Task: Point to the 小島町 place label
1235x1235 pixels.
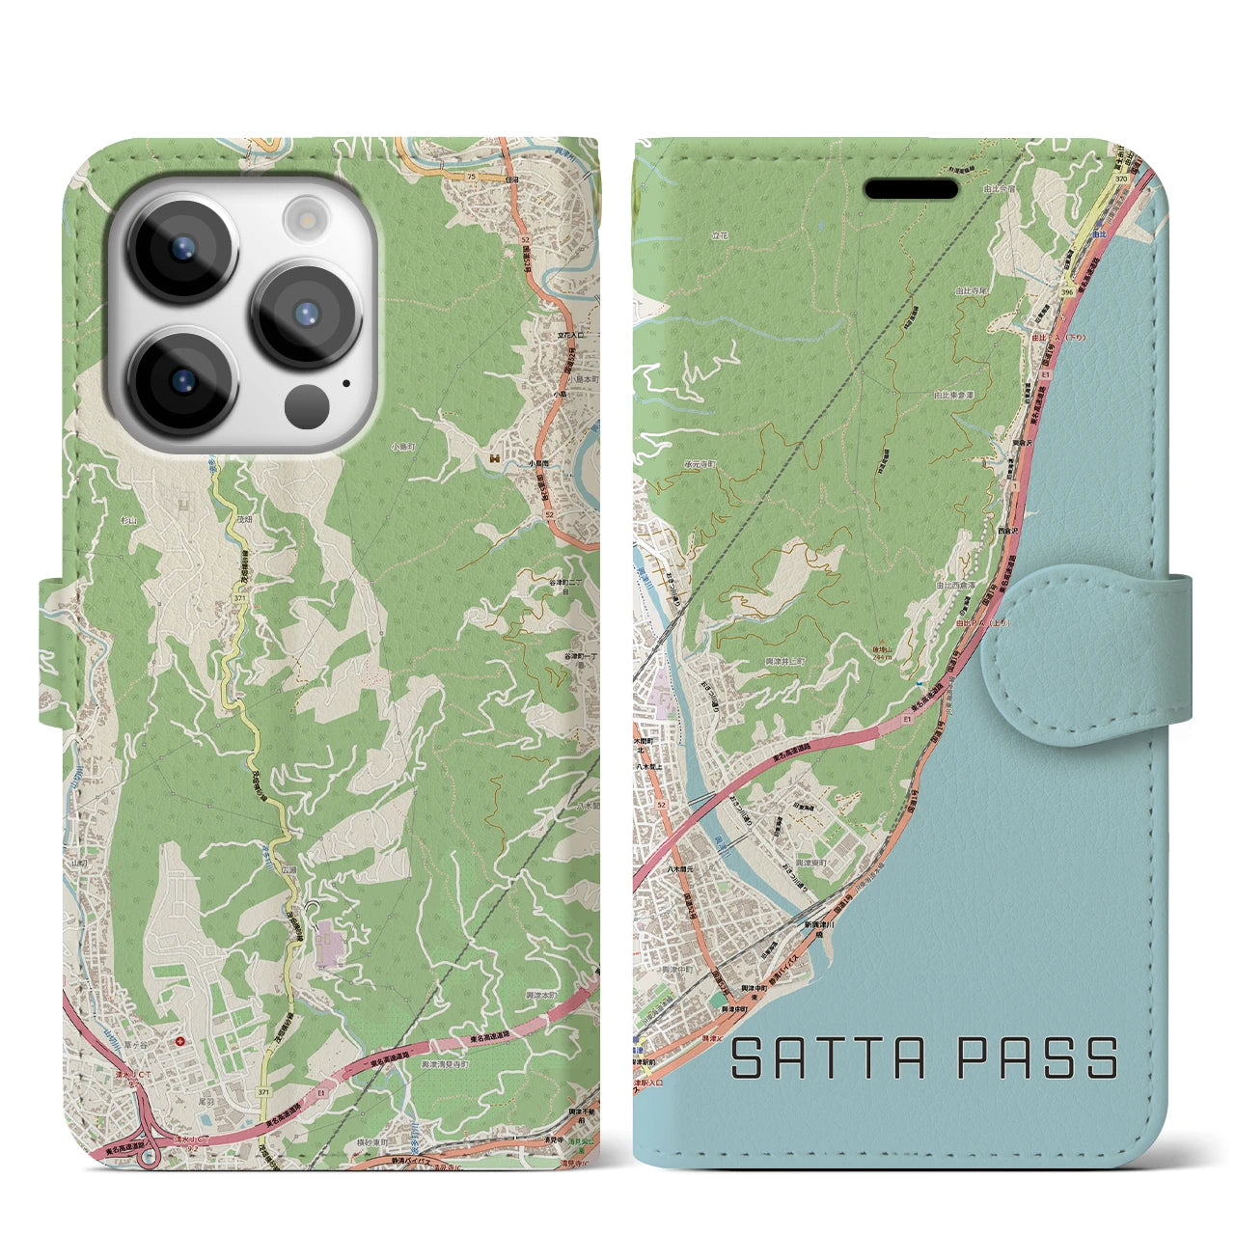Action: pyautogui.click(x=402, y=447)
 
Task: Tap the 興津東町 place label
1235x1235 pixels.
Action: pyautogui.click(x=809, y=862)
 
